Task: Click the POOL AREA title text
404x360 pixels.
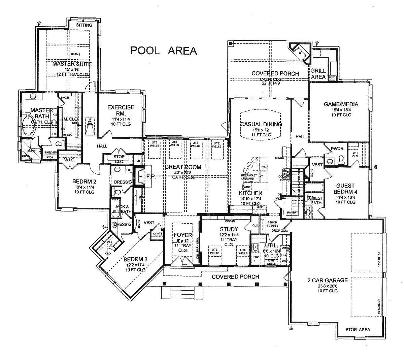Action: [x=164, y=51]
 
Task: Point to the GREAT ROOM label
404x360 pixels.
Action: [x=183, y=167]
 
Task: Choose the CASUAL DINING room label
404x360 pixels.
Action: [x=261, y=124]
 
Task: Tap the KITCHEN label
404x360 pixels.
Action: [x=250, y=193]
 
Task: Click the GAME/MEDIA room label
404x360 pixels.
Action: [x=341, y=104]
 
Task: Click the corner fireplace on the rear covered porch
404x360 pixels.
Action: [x=299, y=53]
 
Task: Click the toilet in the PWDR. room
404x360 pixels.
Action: [x=341, y=158]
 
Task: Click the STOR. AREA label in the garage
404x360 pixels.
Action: [x=358, y=329]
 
